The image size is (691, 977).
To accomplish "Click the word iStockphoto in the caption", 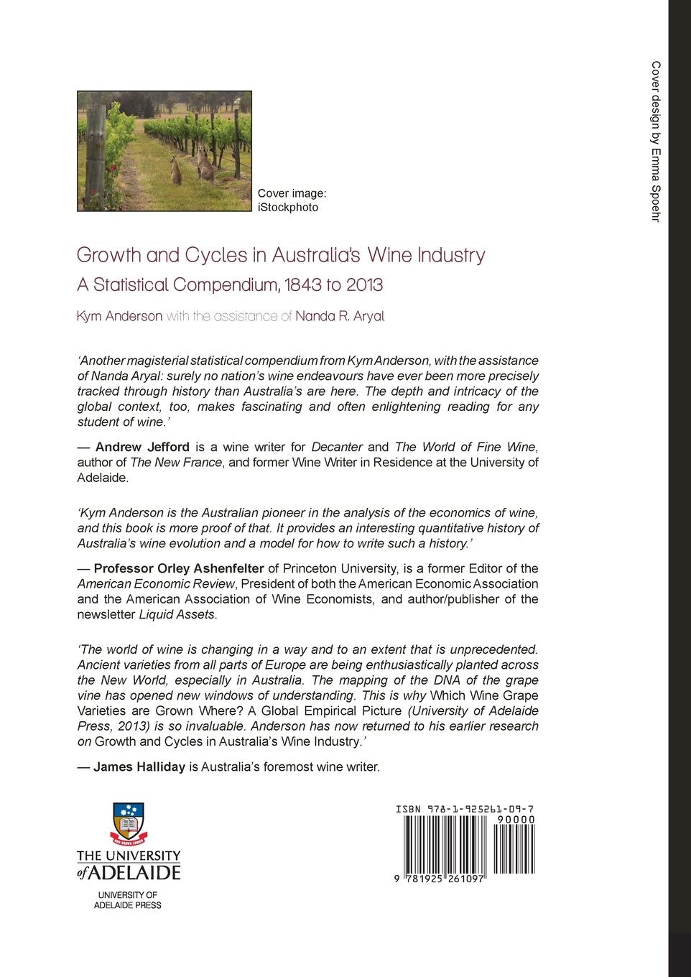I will pyautogui.click(x=287, y=208).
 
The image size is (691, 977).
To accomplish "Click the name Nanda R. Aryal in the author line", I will pyautogui.click(x=340, y=316).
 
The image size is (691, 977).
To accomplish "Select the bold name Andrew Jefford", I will pyautogui.click(x=142, y=447).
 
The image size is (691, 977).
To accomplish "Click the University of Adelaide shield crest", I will pyautogui.click(x=129, y=822).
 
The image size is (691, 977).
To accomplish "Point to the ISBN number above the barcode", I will pyautogui.click(x=464, y=809).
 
